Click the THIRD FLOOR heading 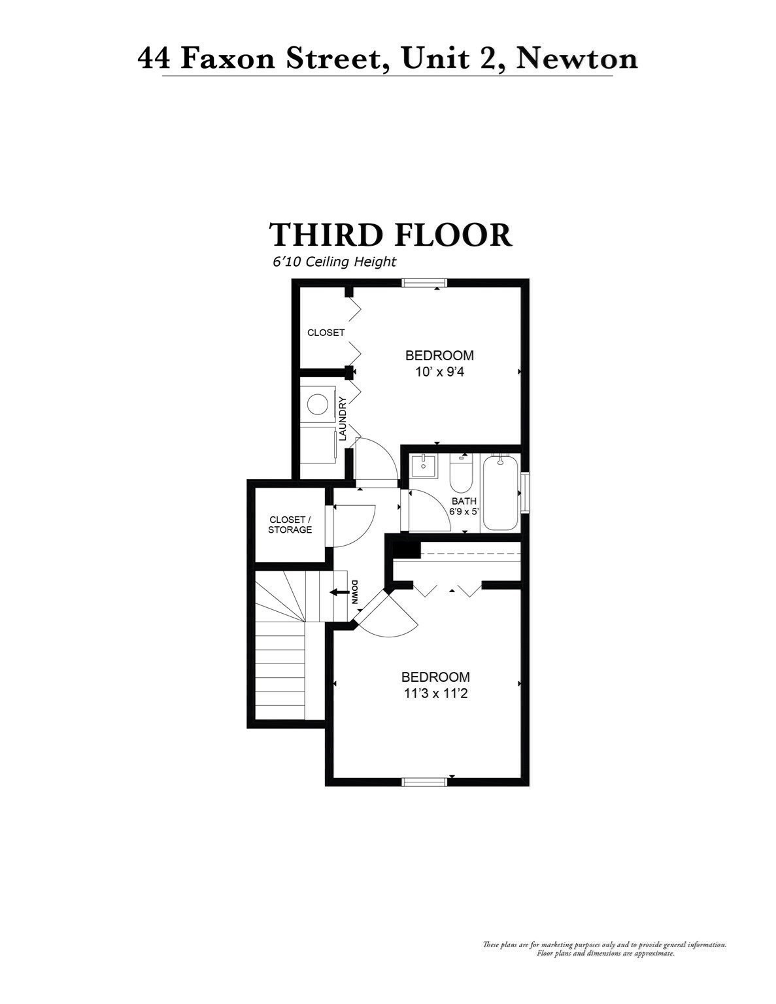390,235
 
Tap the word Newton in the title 577,58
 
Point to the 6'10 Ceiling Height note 334,262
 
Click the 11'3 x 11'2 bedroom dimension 435,694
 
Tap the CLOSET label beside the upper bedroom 326,333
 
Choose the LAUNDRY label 343,419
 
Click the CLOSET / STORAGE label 290,525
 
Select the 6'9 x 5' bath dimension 464,511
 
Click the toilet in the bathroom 461,476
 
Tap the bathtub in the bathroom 500,494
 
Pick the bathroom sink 422,465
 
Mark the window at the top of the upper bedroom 424,283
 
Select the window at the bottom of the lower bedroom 424,781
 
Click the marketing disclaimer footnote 604,949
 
